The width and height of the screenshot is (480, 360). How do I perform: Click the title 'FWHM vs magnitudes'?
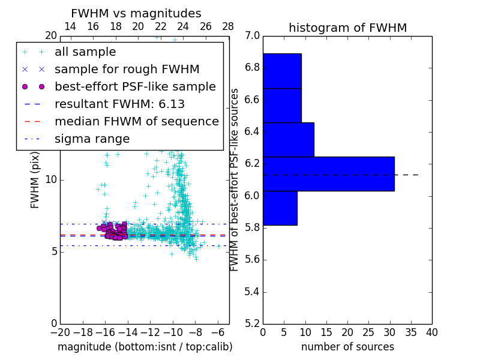pos(136,14)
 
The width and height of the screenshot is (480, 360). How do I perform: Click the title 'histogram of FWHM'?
pos(347,28)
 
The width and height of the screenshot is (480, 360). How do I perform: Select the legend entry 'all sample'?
pos(85,52)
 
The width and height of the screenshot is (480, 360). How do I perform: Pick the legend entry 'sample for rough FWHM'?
pos(127,69)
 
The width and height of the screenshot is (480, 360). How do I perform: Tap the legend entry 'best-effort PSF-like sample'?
pos(135,86)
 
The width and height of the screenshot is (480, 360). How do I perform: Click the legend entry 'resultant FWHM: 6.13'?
pos(119,104)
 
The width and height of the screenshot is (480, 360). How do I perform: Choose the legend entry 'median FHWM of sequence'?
pos(136,121)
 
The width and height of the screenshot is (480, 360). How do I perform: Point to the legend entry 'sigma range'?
pos(92,139)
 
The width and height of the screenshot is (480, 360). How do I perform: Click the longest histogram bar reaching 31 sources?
pos(328,173)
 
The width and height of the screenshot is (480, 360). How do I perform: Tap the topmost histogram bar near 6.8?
pos(282,71)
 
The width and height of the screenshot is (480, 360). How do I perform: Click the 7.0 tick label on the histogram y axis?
pos(252,36)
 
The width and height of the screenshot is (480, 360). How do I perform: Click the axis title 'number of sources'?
pos(347,347)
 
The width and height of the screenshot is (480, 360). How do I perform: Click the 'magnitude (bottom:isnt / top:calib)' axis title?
pos(145,347)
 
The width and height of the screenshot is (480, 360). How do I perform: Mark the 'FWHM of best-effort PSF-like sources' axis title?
pos(235,179)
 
